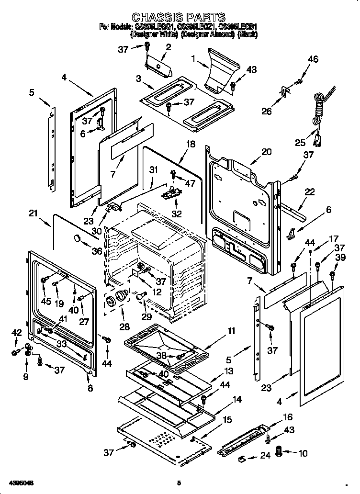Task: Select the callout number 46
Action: tap(313, 59)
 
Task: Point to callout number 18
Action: tap(191, 144)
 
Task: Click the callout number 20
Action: tap(266, 152)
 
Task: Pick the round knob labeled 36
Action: tap(77, 238)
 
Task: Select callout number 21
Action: tap(33, 214)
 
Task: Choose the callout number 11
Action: tap(231, 331)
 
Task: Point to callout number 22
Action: tap(310, 192)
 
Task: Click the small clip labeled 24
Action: tap(243, 459)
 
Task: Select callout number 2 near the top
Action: tap(168, 46)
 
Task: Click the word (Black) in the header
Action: tap(247, 34)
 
